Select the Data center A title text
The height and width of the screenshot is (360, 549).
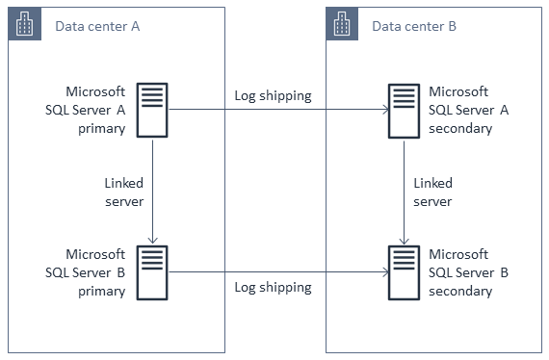tap(97, 26)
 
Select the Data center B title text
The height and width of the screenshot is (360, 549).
tap(414, 26)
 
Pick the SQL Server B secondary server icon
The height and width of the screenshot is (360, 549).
tap(403, 272)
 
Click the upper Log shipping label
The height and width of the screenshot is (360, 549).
tap(273, 96)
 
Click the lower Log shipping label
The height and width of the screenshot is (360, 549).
tap(273, 287)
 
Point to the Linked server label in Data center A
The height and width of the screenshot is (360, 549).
tap(124, 192)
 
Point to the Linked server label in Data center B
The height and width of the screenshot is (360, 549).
tap(432, 192)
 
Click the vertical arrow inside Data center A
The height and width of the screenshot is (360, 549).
tap(152, 193)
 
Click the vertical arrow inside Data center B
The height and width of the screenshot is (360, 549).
tap(403, 193)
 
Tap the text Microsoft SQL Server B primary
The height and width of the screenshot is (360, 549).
tap(95, 272)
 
